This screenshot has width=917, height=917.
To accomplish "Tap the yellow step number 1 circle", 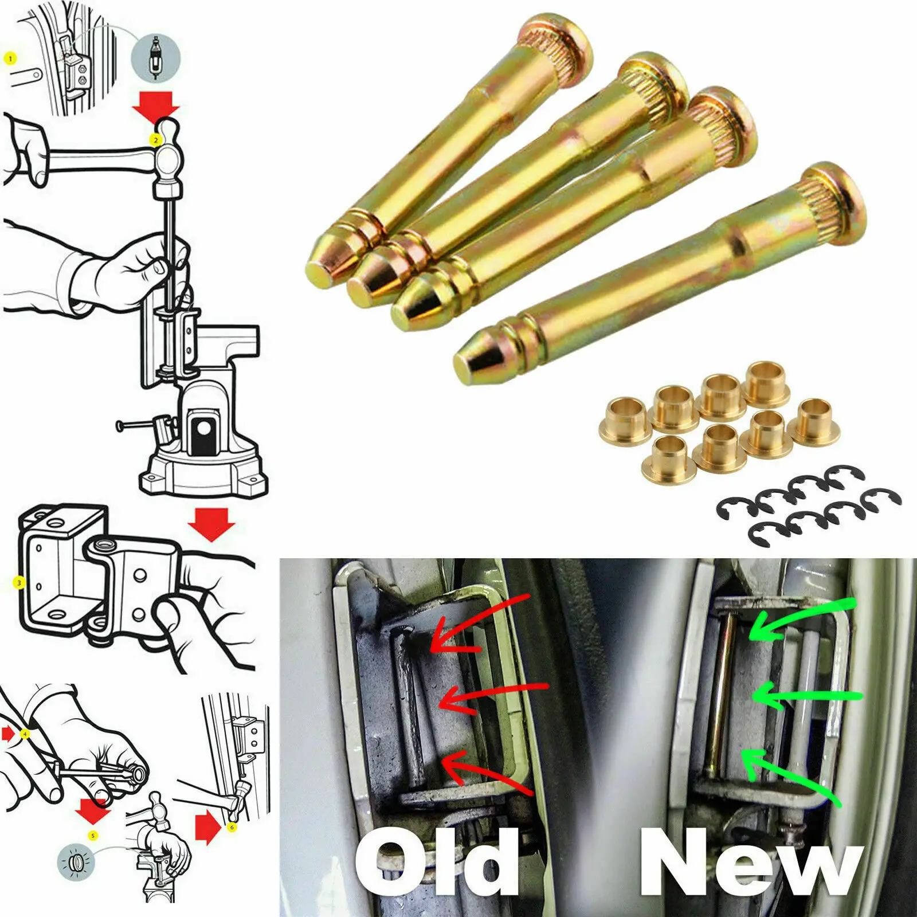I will point(10,58).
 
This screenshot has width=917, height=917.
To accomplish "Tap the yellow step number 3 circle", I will point(19,583).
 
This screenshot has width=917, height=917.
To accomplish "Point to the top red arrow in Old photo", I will point(476,625).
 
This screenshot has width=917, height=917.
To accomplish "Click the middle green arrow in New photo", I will point(802,696).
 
